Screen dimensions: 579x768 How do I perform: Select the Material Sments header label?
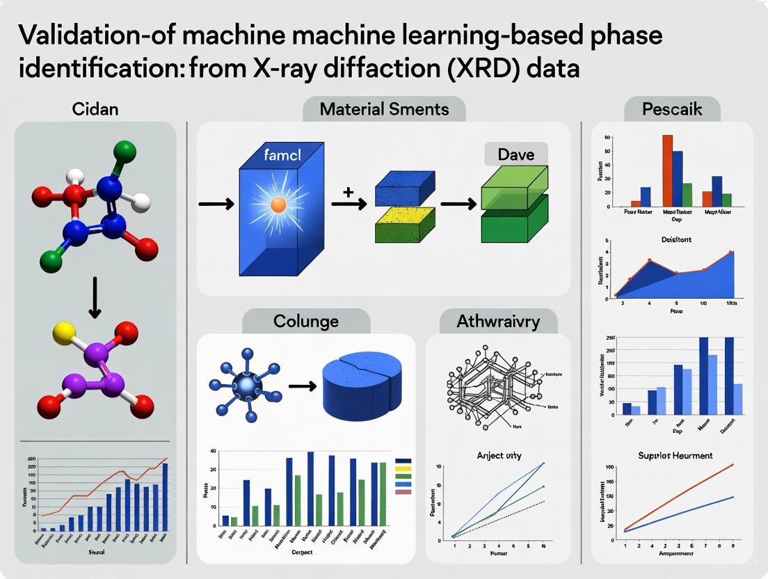tap(384, 109)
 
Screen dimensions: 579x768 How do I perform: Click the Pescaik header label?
tap(672, 109)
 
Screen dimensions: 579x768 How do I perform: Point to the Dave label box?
tap(516, 154)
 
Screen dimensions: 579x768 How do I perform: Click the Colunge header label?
tap(306, 321)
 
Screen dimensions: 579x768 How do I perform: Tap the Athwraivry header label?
tap(497, 322)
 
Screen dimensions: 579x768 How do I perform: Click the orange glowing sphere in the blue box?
tap(278, 205)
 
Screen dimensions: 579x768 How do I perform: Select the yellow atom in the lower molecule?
tap(63, 331)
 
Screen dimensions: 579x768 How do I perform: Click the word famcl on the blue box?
tap(282, 154)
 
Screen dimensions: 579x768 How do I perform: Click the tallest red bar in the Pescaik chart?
tap(667, 170)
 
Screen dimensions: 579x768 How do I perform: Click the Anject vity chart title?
tap(499, 455)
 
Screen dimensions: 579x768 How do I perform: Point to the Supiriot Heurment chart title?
tap(675, 455)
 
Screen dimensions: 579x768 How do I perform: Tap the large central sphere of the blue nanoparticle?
tap(245, 384)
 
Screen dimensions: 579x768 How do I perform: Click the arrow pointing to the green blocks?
tap(459, 204)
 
